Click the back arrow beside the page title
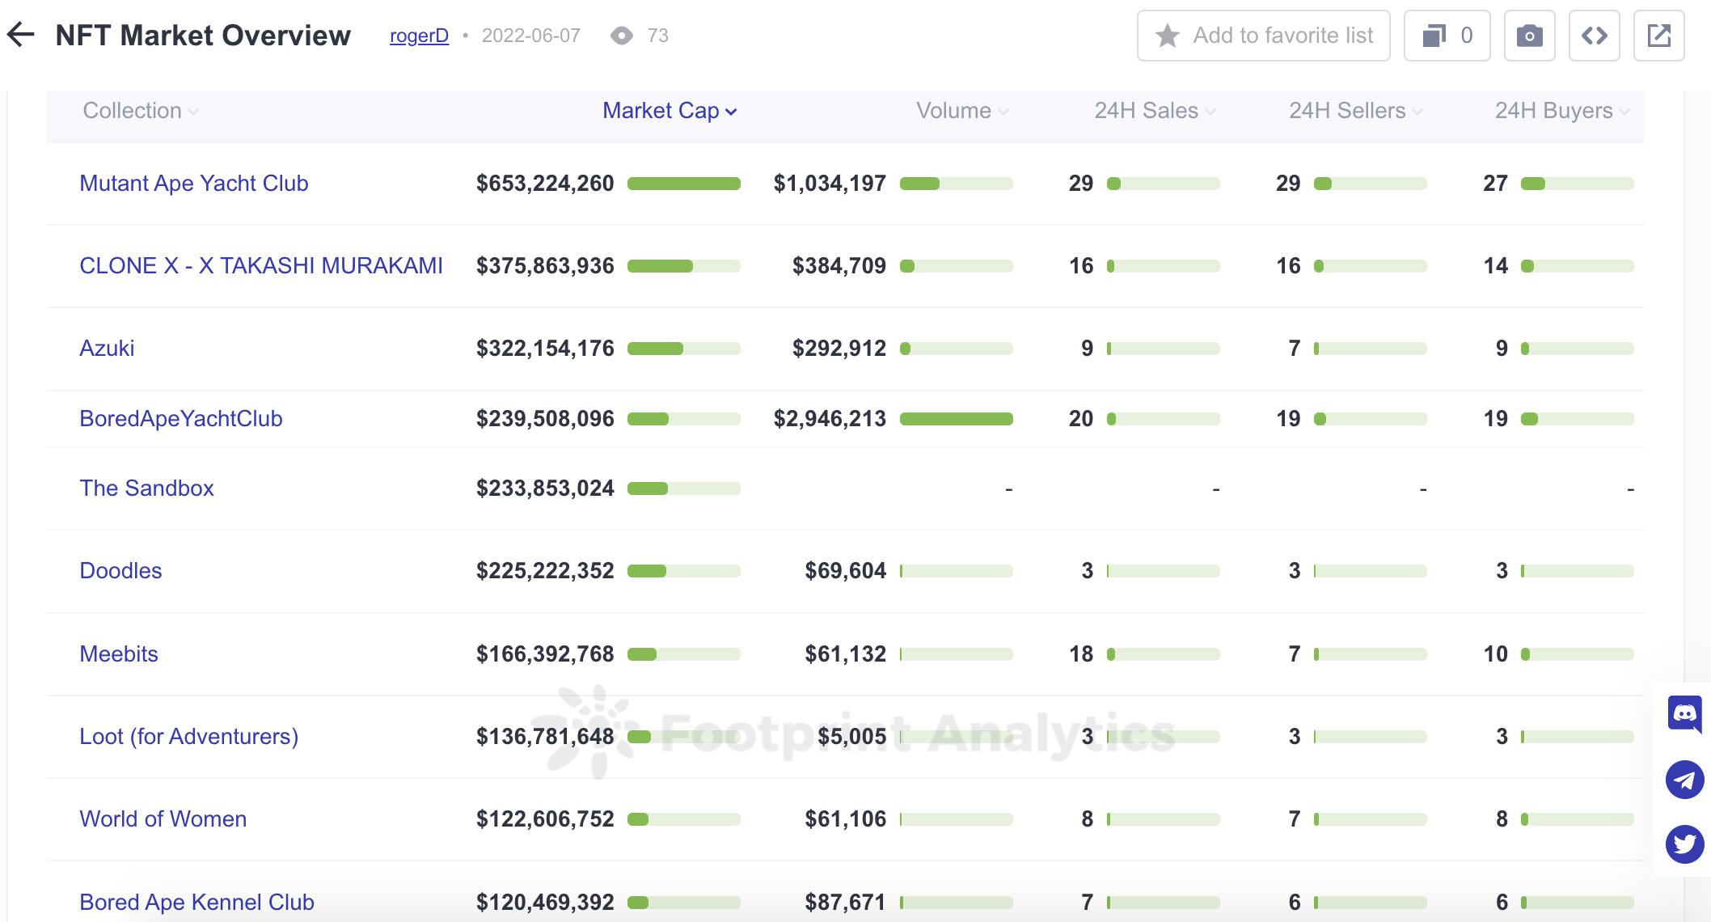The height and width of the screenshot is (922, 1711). [x=21, y=35]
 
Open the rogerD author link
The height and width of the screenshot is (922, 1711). [x=419, y=36]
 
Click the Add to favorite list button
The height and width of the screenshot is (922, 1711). [x=1263, y=36]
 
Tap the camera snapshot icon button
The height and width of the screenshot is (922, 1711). [x=1529, y=36]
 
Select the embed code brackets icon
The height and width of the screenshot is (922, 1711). [x=1594, y=36]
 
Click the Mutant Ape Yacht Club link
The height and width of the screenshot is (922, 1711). [x=194, y=184]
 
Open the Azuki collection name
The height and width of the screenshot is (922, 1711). [x=107, y=349]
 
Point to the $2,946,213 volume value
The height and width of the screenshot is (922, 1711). [x=830, y=419]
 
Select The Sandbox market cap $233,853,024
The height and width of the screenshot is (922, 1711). [x=545, y=488]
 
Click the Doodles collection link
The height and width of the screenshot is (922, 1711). [x=120, y=571]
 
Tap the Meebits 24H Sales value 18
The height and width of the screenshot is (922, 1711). [x=1081, y=654]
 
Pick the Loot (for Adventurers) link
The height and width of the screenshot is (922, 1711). [x=188, y=737]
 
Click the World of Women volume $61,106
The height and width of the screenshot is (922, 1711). [x=845, y=819]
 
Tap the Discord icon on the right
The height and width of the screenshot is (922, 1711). [x=1685, y=713]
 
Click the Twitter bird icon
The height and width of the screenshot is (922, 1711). [x=1685, y=844]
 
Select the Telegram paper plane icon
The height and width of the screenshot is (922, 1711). [x=1685, y=780]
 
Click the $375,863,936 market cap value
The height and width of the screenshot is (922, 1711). [x=545, y=266]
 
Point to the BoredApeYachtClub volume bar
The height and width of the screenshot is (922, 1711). [x=956, y=419]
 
